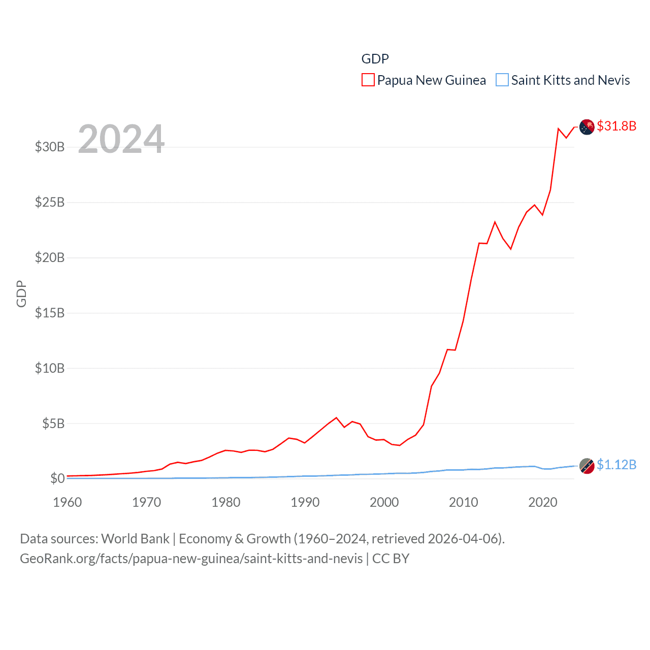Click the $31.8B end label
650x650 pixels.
(616, 126)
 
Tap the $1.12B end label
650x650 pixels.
(616, 465)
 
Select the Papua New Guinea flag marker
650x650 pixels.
(587, 127)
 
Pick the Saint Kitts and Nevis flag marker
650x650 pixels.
(587, 466)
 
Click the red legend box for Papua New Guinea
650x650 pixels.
(368, 80)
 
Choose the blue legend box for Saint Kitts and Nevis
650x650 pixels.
(502, 80)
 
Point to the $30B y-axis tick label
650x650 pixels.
(50, 147)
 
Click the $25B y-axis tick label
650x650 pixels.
(50, 203)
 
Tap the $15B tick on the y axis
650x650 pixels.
(50, 313)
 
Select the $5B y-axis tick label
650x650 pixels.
(53, 424)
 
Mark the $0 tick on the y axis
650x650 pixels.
(57, 478)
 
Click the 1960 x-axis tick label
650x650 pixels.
(67, 503)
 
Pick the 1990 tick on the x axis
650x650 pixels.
(305, 503)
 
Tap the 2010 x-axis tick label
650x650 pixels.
(463, 503)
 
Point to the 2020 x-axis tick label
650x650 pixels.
(542, 503)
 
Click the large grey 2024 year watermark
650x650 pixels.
(121, 139)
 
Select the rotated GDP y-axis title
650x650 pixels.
(21, 294)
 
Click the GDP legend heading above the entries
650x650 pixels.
(375, 59)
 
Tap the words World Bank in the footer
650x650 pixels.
(136, 539)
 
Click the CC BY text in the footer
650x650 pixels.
(391, 559)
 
